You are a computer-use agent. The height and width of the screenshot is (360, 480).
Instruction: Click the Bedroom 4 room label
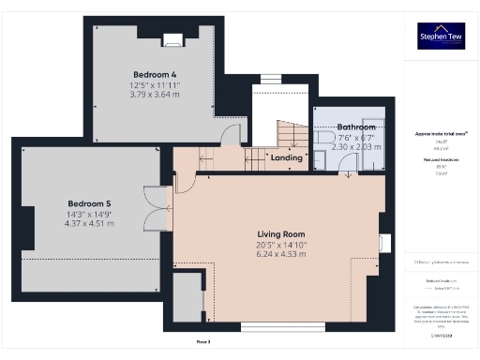(155, 73)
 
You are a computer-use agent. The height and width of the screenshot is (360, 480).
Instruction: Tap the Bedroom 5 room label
(89, 202)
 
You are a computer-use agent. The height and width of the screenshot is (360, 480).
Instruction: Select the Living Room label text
(281, 233)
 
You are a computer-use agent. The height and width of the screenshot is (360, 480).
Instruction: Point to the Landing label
(287, 157)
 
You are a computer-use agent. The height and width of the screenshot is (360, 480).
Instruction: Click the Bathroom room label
(356, 127)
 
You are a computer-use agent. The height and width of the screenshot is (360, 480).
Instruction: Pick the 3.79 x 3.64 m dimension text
(155, 94)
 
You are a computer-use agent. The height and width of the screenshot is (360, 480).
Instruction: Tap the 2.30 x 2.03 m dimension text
(356, 147)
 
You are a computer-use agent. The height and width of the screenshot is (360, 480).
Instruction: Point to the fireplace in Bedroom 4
(172, 39)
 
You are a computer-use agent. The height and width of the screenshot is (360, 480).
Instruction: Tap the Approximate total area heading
(441, 134)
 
